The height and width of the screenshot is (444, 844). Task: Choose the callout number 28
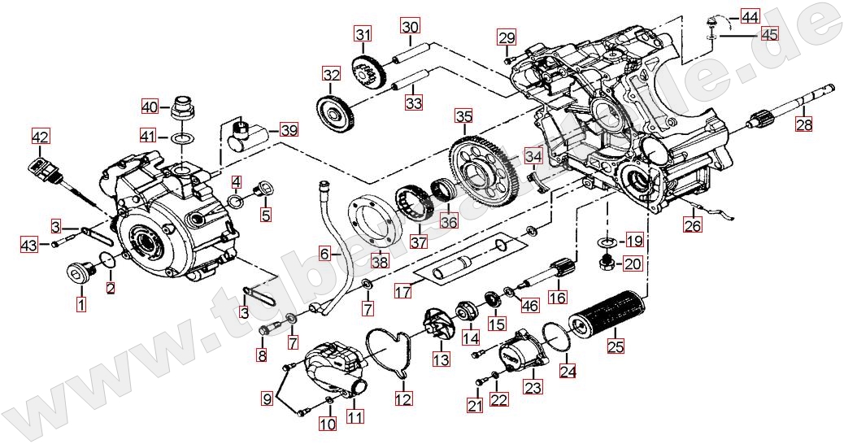point(804,124)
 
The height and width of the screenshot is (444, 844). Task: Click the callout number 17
point(404,290)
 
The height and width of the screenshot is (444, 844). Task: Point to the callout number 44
point(750,17)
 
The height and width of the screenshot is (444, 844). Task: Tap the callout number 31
point(362,35)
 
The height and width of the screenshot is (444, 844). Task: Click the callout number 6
point(324,254)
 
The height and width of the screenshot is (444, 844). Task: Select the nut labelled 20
point(605,263)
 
